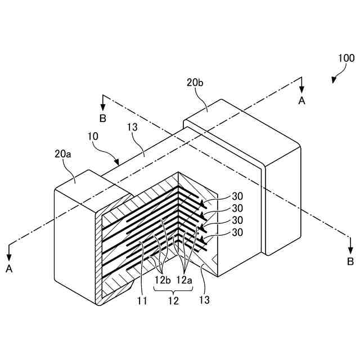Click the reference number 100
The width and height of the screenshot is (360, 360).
(x=346, y=58)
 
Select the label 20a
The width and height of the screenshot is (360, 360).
(x=63, y=153)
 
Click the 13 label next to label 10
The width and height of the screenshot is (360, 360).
(x=132, y=129)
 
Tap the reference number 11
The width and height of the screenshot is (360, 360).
(x=142, y=300)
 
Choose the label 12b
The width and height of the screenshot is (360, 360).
(x=162, y=279)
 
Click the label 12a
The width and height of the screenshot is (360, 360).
(x=184, y=279)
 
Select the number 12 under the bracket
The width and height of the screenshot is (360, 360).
(x=173, y=300)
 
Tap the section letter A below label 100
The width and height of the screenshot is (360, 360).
(x=301, y=101)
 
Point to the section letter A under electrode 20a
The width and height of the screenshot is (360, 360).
(x=9, y=269)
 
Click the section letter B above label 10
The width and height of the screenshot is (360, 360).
(x=102, y=118)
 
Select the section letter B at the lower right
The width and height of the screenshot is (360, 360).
(x=350, y=262)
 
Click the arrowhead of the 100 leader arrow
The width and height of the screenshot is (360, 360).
(x=334, y=82)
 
